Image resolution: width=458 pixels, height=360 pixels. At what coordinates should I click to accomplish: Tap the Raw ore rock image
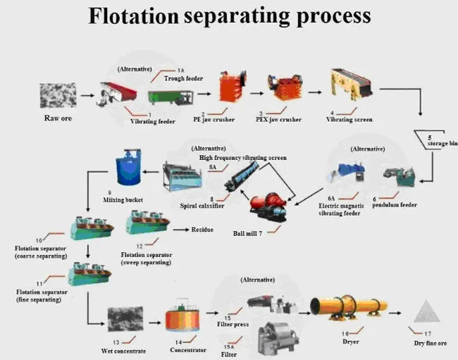(58, 95)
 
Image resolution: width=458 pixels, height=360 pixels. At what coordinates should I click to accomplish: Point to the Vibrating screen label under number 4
(350, 120)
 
